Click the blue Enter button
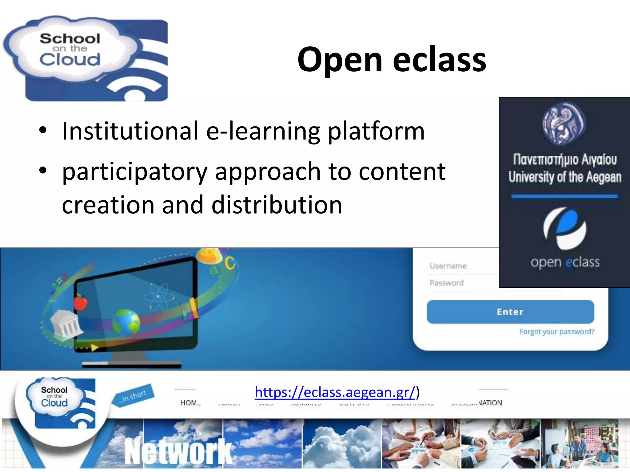pos(510,312)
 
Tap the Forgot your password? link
pos(556,332)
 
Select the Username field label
pos(448,266)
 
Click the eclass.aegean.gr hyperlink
pos(335,392)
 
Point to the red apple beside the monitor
pos(81,302)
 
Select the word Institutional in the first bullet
pos(130,131)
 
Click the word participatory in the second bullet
pos(134,171)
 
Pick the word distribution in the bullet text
pos(277,205)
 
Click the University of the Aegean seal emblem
pos(564,124)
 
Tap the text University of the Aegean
pos(564,177)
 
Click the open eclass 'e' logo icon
pos(564,228)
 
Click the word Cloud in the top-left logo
pos(70,59)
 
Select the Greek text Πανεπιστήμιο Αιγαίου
pos(565,159)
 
